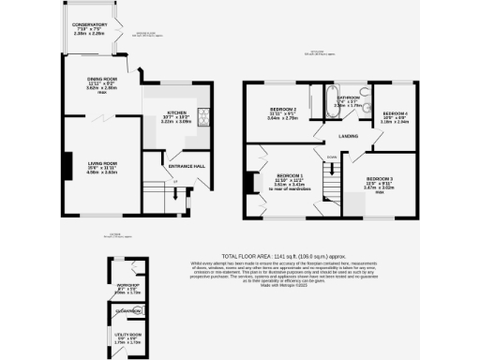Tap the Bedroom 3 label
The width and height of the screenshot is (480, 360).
coord(379,179)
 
